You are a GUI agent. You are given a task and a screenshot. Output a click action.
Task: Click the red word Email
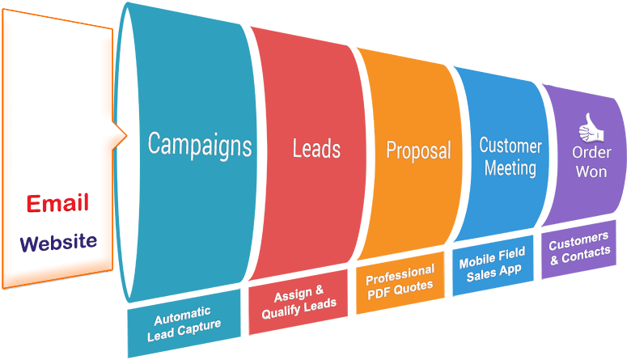[x=57, y=203]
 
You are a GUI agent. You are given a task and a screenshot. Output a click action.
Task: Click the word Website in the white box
[x=58, y=242]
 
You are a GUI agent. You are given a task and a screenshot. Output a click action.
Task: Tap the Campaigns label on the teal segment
[x=199, y=145]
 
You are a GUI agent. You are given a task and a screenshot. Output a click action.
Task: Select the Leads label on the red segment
[x=316, y=149]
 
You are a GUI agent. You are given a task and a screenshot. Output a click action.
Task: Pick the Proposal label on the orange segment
[x=418, y=150]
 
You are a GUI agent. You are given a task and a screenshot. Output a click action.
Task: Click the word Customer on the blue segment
[x=510, y=146]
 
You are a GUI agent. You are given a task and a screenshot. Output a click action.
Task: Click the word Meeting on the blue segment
[x=510, y=168]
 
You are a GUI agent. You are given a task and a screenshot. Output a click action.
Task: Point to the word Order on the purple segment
[x=591, y=153]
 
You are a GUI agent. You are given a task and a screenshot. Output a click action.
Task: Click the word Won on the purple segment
[x=591, y=172]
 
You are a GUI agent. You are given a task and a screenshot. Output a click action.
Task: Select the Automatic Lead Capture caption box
[x=183, y=320]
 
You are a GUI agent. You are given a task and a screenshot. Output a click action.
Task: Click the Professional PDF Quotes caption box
[x=400, y=278]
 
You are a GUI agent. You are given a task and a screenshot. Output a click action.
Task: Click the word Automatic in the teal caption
[x=183, y=312]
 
